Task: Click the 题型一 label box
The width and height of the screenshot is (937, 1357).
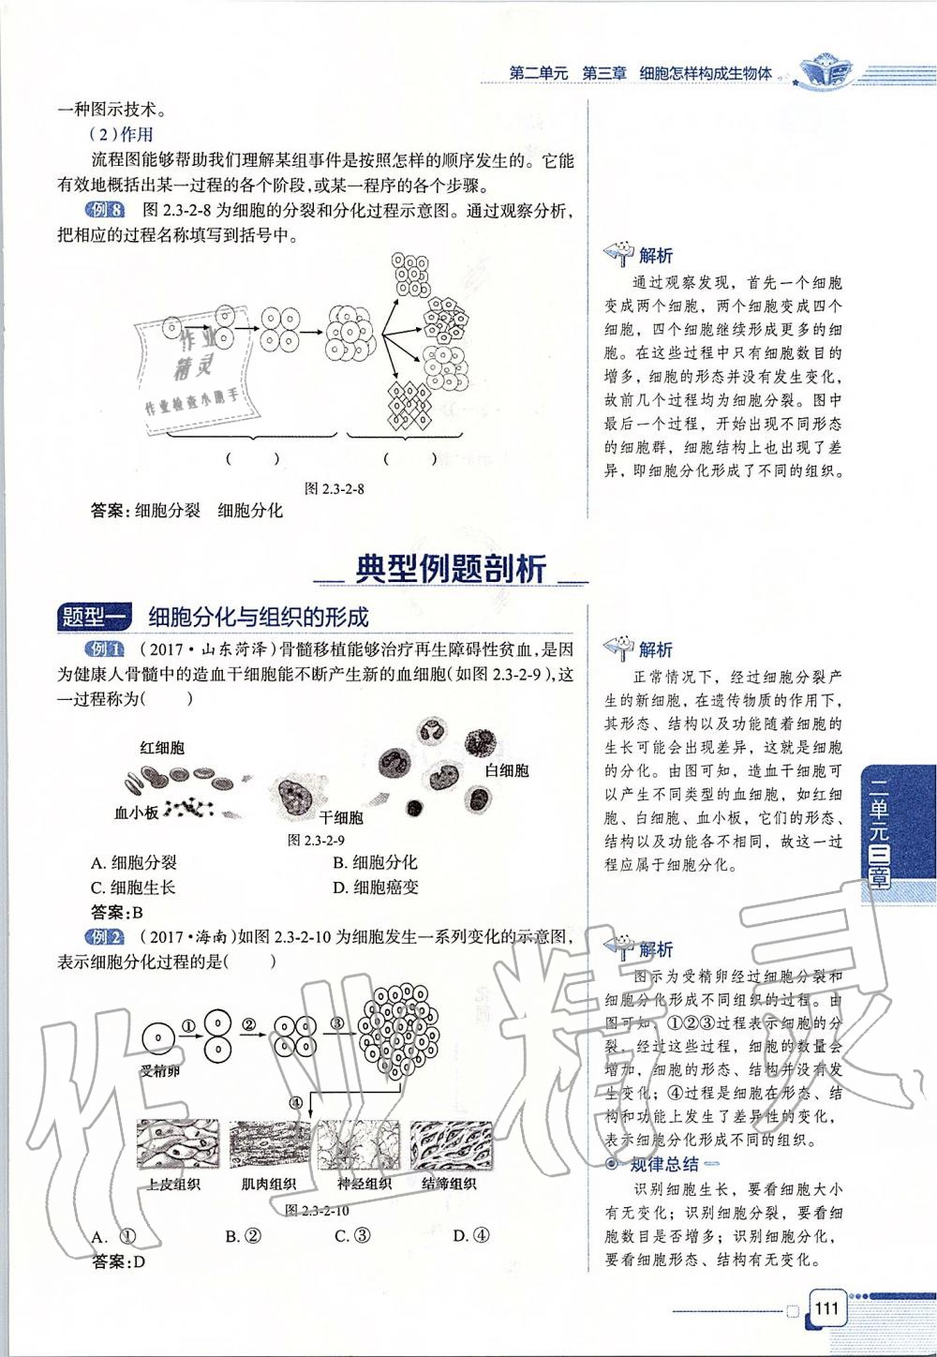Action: [x=97, y=616]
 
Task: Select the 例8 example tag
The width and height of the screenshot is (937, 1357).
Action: [x=103, y=211]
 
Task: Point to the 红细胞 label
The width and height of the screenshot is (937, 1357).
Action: [x=162, y=747]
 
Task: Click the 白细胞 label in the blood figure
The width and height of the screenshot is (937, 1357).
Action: [x=507, y=770]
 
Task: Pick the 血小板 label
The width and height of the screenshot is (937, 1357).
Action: [x=136, y=813]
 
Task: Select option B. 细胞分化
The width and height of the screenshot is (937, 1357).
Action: [x=375, y=862]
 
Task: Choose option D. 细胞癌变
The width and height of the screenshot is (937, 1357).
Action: [x=375, y=887]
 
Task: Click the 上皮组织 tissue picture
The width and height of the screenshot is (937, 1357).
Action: [x=177, y=1145]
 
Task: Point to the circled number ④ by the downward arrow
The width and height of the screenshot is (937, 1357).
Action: [x=296, y=1102]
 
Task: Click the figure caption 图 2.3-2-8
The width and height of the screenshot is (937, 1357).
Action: [x=335, y=488]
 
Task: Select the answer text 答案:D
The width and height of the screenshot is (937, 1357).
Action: [x=119, y=1261]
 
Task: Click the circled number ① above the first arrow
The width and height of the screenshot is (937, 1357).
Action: [x=187, y=1024]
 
